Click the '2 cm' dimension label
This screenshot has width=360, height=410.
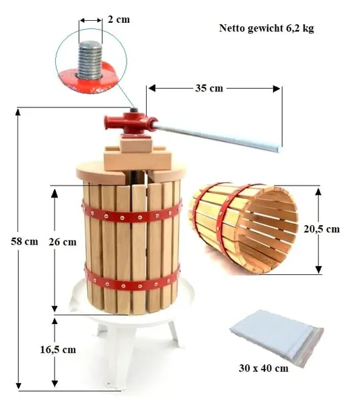coord(118,19)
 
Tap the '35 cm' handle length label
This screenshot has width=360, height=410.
coord(209,88)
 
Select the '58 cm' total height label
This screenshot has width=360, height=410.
coord(24,241)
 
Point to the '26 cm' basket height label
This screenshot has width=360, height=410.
coord(63,242)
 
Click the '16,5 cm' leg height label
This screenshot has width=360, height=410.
coord(58,350)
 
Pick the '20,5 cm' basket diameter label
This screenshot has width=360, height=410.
coord(322,229)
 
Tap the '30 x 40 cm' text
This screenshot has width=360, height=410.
coord(263,368)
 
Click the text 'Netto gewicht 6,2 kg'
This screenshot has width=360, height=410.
coord(266,28)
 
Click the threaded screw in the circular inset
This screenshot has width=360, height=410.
coord(90,60)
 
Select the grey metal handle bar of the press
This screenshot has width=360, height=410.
coord(217,138)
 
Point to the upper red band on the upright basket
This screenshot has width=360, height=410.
coord(132,212)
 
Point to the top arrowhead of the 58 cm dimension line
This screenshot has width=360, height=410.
coord(17,112)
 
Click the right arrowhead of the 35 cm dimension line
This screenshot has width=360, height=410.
coord(276,89)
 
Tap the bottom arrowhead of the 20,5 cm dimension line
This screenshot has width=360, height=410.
coord(318,270)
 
